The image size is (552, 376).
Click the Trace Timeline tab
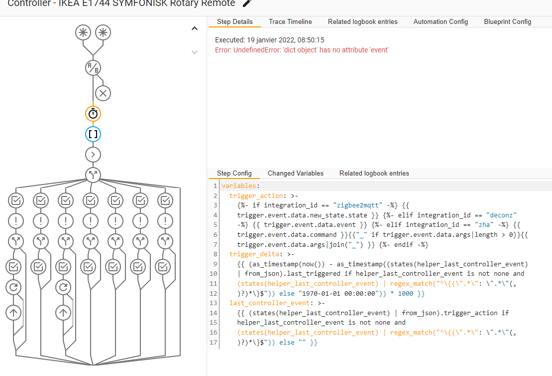(x=290, y=22)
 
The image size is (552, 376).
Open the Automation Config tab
(x=441, y=22)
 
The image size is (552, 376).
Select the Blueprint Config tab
(x=507, y=22)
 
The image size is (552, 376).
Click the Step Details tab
(x=235, y=22)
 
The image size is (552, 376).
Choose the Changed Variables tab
(x=295, y=174)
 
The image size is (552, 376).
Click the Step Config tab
(x=234, y=174)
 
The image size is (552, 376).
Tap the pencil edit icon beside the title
(x=247, y=3)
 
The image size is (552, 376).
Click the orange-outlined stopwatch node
(x=93, y=114)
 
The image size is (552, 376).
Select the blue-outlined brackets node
(x=93, y=134)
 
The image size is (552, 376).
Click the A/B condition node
(x=93, y=68)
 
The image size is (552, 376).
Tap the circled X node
(x=103, y=93)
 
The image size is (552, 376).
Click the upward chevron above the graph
(x=195, y=29)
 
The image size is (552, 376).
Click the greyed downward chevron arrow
(x=195, y=52)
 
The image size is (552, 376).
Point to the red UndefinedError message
(x=302, y=50)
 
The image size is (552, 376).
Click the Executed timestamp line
(x=270, y=40)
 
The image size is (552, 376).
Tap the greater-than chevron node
(x=93, y=155)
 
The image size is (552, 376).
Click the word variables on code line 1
(x=239, y=186)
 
